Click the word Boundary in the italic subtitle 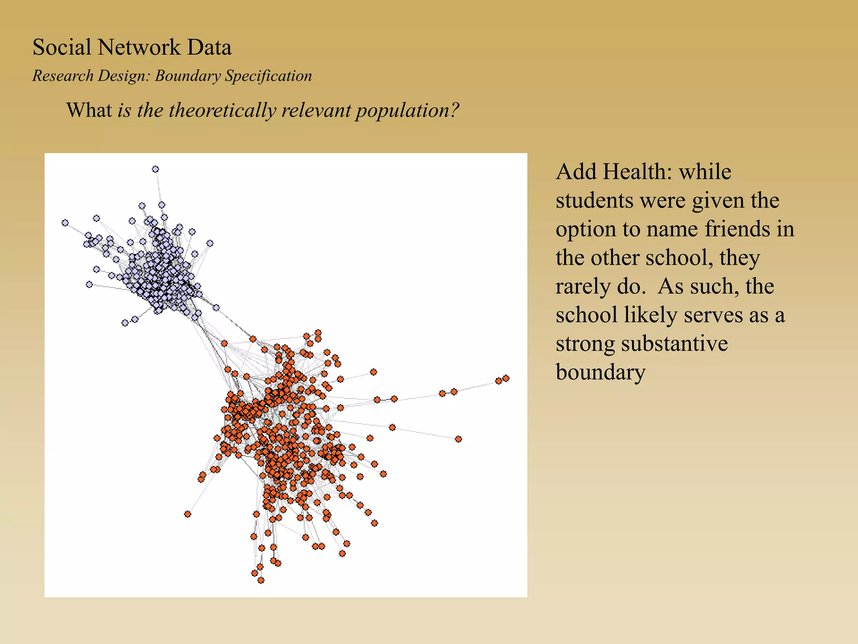tap(187, 76)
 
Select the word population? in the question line tap(407, 111)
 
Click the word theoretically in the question tap(222, 110)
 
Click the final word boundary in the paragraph tap(600, 372)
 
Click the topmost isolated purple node tap(155, 169)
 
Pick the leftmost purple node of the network tap(65, 223)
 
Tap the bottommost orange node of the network tap(261, 580)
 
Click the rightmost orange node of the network tap(506, 378)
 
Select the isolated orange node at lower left tap(188, 514)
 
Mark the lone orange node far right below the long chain tap(458, 439)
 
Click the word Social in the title tap(62, 47)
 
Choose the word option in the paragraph tap(586, 229)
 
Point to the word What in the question tap(89, 110)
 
